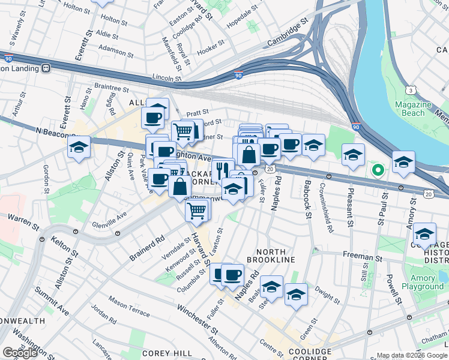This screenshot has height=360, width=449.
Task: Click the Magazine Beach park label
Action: coord(414,109)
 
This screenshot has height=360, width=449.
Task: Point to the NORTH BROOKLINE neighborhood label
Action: coord(276,256)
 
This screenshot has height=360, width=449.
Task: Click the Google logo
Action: coord(20,353)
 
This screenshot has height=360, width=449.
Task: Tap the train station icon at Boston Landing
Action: coord(46,68)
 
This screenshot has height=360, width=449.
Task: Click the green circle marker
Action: coord(378,170)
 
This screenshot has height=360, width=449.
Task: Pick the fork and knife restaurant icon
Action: coord(223,168)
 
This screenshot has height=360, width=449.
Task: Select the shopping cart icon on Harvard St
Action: coord(197,210)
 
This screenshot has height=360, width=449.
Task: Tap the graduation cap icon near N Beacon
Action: coord(79,147)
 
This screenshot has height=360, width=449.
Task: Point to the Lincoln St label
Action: coord(167,77)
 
